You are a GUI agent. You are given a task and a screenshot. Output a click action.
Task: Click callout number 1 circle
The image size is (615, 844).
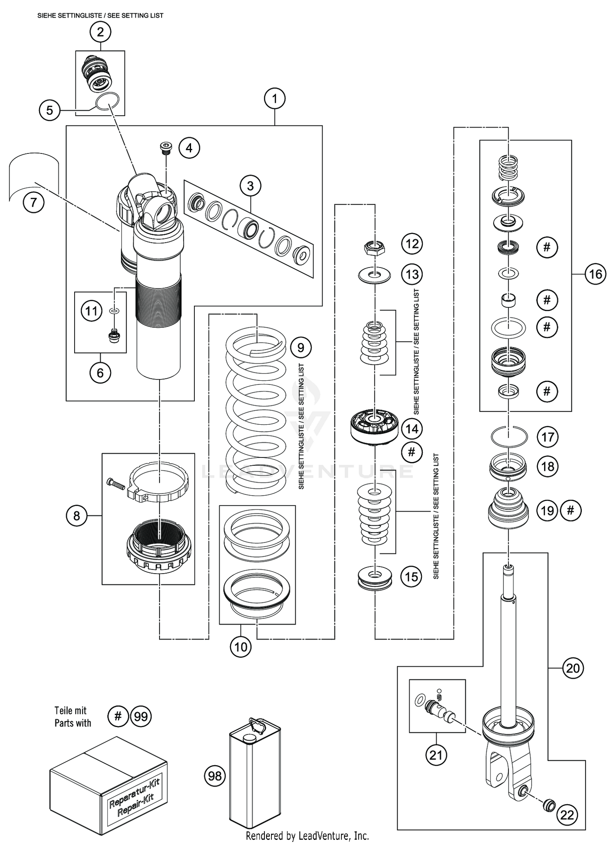(275, 99)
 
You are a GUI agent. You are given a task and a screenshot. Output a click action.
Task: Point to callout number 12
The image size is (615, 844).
(412, 244)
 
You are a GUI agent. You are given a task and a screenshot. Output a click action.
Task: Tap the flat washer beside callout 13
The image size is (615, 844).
(374, 275)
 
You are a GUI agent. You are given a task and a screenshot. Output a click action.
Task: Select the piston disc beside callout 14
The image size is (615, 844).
(374, 427)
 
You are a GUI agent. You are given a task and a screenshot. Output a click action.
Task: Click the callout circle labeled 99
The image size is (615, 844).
(141, 716)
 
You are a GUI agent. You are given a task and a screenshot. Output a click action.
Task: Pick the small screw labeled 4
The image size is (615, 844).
(166, 148)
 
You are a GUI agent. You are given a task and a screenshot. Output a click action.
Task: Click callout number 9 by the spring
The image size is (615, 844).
(301, 348)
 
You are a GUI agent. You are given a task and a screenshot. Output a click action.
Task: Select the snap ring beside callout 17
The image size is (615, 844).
(509, 437)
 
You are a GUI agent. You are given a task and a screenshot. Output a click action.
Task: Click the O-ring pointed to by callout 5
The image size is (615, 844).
(108, 101)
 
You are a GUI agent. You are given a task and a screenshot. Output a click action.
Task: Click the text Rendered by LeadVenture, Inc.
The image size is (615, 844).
(307, 835)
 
